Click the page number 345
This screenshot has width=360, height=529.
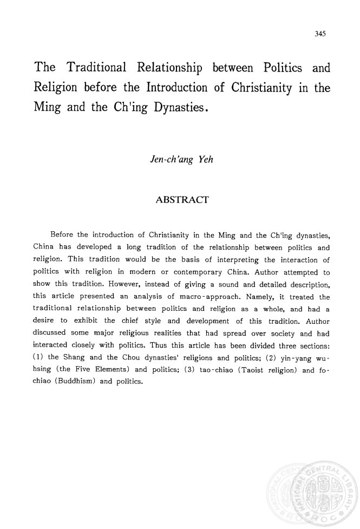[319, 34]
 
